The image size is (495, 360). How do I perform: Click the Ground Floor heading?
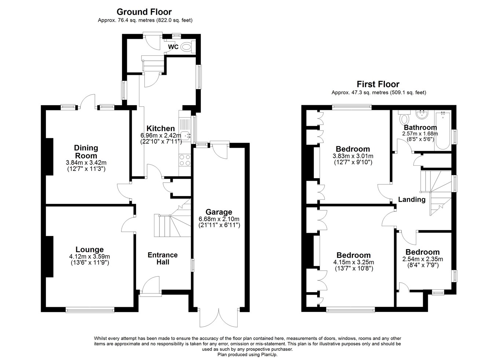144,12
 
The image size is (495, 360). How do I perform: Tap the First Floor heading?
378,84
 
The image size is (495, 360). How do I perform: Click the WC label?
173,47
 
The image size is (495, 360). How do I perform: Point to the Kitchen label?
161,128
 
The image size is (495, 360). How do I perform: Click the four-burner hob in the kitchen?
185,160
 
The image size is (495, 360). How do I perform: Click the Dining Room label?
86,152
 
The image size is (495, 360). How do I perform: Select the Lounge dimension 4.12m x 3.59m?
89,257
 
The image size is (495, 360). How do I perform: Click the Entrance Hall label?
163,258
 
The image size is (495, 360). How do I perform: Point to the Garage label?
219,212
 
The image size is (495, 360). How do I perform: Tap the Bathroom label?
420,128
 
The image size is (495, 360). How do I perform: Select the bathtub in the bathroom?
443,131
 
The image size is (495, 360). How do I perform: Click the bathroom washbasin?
422,115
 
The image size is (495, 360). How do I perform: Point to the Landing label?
412,199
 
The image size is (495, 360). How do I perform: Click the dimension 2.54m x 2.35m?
422,259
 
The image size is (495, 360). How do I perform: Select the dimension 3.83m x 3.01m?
353,156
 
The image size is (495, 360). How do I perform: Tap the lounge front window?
90,311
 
